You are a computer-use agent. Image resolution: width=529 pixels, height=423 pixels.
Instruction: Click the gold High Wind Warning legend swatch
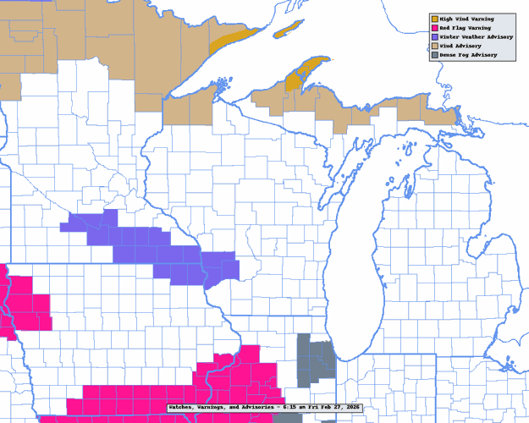434,19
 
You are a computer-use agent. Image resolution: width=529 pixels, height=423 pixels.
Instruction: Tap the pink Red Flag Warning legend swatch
434,28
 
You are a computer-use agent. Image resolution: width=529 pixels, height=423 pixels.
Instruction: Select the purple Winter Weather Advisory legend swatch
434,37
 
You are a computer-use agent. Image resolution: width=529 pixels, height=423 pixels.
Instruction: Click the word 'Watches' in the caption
182,408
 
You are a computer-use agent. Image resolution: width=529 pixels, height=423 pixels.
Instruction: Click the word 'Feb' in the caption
333,408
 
